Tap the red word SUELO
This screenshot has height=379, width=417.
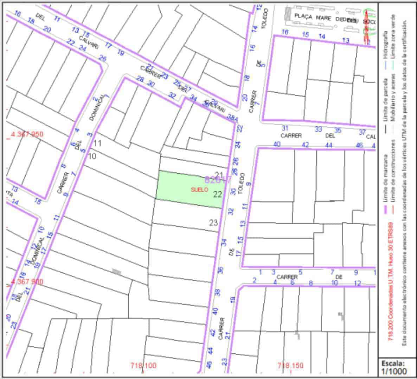click(x=199, y=189)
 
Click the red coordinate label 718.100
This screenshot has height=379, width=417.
click(x=143, y=365)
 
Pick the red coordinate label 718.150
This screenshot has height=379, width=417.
click(x=290, y=365)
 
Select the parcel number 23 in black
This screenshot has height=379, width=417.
click(x=213, y=222)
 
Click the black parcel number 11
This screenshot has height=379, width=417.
click(x=97, y=143)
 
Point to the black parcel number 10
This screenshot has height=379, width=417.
click(x=92, y=156)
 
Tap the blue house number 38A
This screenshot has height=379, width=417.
click(x=232, y=118)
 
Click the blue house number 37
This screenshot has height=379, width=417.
click(x=362, y=132)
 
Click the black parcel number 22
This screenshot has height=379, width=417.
click(x=218, y=194)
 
